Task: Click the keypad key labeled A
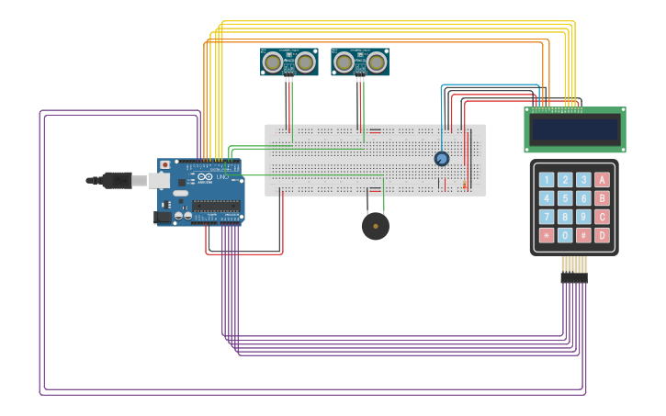click(602, 180)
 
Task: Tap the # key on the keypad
click(583, 235)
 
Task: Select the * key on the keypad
click(547, 235)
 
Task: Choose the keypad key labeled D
click(602, 235)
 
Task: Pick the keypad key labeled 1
click(547, 180)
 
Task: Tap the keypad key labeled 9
click(583, 217)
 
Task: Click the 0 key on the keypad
click(565, 235)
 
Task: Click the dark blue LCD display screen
click(575, 129)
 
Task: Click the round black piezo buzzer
click(375, 226)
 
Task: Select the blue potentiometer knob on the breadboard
click(442, 159)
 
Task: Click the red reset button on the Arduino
click(165, 165)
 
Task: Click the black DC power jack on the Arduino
click(164, 217)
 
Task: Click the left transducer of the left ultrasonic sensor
click(273, 62)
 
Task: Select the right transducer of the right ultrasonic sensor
click(377, 62)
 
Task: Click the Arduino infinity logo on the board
click(205, 176)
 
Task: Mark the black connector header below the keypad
click(574, 277)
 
